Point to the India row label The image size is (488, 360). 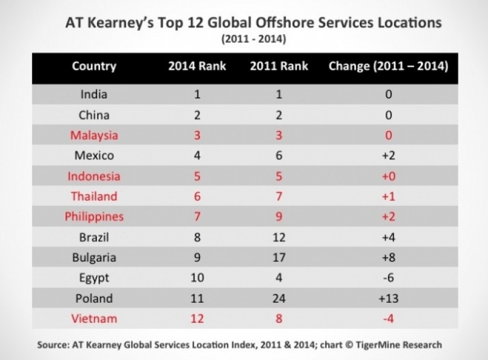[94, 95]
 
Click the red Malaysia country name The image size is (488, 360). [94, 135]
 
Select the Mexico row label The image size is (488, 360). [94, 156]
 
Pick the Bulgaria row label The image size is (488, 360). [94, 258]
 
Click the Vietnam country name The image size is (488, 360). [94, 319]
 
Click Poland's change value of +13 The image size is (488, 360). [388, 299]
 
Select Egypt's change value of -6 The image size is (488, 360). [388, 278]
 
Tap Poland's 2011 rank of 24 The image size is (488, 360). [278, 299]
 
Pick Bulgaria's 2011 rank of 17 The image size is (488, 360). [278, 258]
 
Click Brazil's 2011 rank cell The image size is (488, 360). [278, 237]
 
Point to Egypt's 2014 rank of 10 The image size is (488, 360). [196, 278]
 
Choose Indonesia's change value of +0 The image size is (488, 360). [388, 176]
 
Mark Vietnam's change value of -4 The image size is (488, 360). [388, 319]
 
